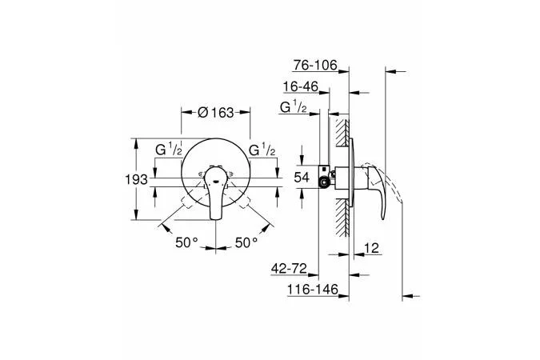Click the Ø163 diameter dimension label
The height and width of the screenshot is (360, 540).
tap(215, 112)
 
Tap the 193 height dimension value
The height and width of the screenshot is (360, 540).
tap(136, 179)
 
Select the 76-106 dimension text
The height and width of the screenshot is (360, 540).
tap(315, 65)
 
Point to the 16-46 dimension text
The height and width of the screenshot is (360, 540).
tap(301, 86)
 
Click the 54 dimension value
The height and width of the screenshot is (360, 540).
tap(302, 178)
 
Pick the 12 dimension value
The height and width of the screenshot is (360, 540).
tap(371, 248)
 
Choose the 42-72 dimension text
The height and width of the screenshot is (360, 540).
tap(289, 268)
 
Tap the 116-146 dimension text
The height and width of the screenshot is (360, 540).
tap(313, 290)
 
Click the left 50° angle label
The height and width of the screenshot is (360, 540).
tap(186, 242)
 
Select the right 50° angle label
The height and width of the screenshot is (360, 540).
tap(246, 242)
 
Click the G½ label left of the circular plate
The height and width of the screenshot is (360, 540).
tap(169, 150)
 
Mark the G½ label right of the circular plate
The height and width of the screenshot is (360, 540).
tap(262, 150)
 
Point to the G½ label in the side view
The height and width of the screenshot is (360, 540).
tap(293, 107)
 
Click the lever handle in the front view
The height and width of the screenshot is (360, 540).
tap(215, 192)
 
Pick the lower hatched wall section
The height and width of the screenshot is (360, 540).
tap(342, 218)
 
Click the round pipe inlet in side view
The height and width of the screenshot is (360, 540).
tap(324, 183)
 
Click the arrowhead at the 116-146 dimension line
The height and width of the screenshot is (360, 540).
tap(344, 296)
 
